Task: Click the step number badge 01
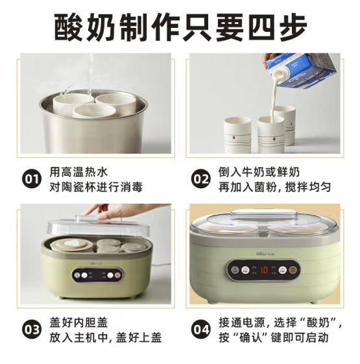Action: point(31,179)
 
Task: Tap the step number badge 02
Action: point(201,179)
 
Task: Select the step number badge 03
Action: point(31,330)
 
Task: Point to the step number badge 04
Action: point(201,330)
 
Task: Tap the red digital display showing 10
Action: point(264,270)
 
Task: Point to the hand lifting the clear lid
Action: point(121,211)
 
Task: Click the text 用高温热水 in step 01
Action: point(79,172)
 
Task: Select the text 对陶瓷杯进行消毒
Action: point(96,187)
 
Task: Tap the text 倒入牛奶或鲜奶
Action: point(259,172)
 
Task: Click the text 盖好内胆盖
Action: point(79,322)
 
